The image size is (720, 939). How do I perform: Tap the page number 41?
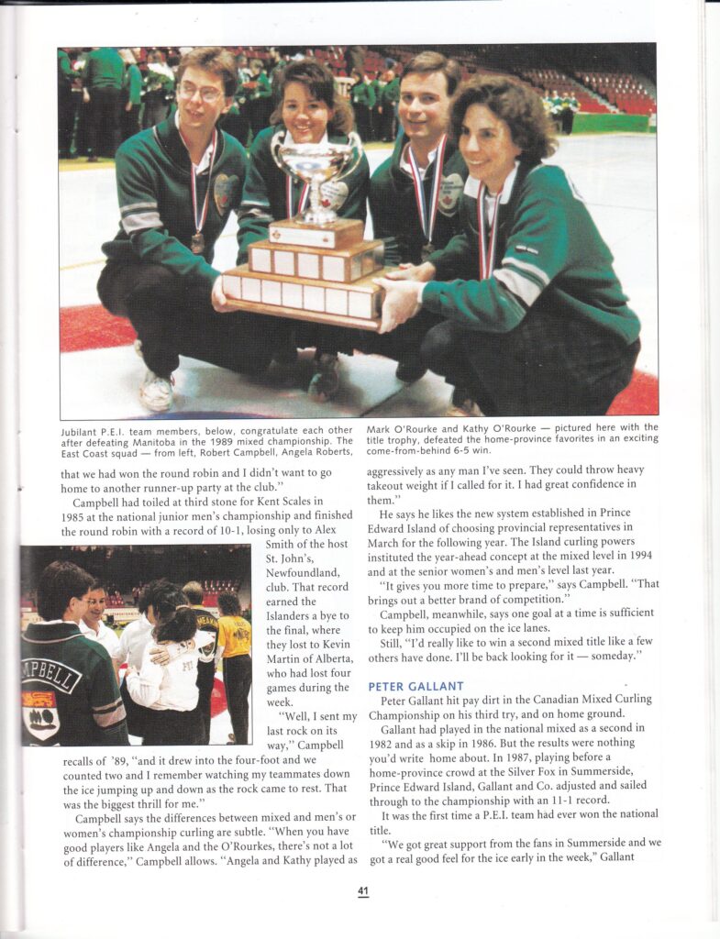[364, 889]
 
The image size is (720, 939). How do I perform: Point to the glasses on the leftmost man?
[201, 92]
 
